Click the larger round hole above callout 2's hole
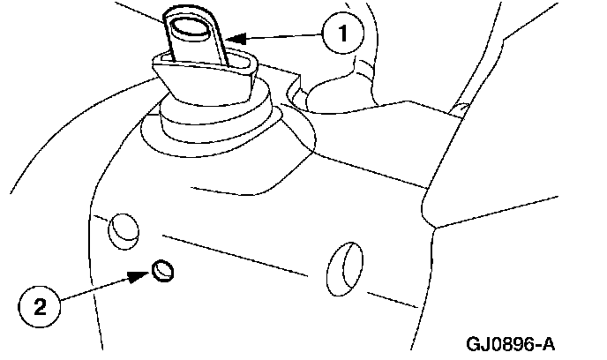(x=122, y=229)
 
